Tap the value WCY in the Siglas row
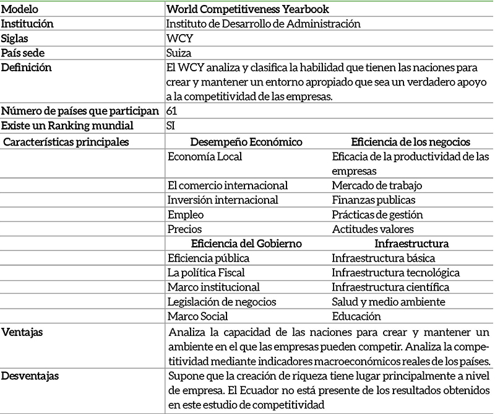[x=179, y=38]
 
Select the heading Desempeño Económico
[x=246, y=142]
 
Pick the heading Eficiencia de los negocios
[x=402, y=142]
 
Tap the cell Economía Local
[x=205, y=157]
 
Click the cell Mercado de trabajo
[x=373, y=185]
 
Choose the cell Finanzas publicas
[x=373, y=200]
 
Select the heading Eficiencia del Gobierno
[x=246, y=244]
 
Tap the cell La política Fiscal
[x=206, y=273]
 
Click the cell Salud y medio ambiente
[x=388, y=302]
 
